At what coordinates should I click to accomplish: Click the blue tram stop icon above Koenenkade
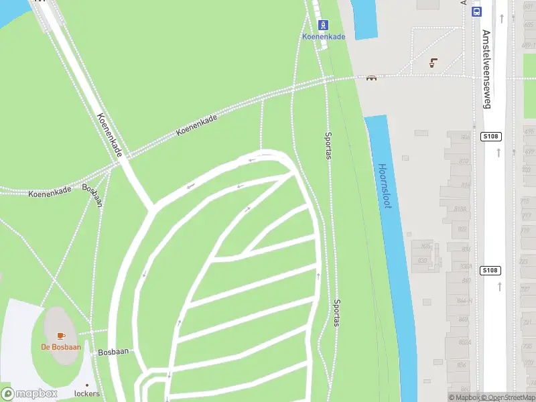(324, 25)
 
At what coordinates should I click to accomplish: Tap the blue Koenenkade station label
(324, 36)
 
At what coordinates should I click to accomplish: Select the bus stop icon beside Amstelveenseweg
(476, 11)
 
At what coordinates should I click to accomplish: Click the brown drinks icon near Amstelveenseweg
(433, 62)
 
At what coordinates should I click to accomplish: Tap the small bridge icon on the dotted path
(371, 77)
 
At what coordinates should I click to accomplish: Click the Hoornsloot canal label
(383, 186)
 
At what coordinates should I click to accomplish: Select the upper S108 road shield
(491, 136)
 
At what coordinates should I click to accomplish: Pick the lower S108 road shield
(490, 270)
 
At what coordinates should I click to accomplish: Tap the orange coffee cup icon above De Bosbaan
(61, 335)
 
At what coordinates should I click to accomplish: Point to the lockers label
(86, 393)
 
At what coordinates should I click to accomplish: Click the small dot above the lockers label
(87, 384)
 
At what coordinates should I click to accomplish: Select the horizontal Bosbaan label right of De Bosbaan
(113, 351)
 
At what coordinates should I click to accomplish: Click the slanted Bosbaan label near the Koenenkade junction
(93, 194)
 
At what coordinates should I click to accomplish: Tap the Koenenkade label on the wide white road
(109, 135)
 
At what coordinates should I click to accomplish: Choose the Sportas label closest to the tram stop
(328, 145)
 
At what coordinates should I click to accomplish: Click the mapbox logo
(29, 393)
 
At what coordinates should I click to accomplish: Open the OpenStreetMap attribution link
(511, 397)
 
